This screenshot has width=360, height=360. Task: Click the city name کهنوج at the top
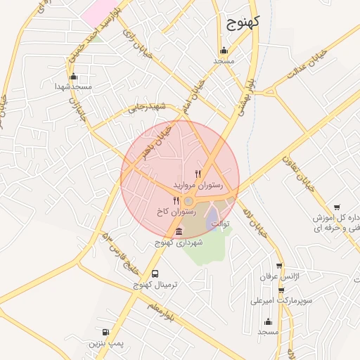tap(244, 22)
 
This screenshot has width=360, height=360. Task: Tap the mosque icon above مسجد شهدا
tap(74, 77)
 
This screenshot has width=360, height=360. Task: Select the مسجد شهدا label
tap(74, 86)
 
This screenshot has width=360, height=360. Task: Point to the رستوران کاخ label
tap(177, 211)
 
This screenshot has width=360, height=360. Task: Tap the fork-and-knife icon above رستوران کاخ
tap(176, 201)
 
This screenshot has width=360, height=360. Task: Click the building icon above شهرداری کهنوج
tap(178, 232)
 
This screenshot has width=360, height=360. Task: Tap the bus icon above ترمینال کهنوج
tap(155, 274)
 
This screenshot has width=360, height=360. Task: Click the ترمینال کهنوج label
tap(156, 285)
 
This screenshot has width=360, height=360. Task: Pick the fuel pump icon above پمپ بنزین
tap(105, 332)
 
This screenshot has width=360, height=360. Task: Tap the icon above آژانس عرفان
tap(280, 267)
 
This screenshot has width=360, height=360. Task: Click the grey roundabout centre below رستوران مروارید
tap(189, 202)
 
